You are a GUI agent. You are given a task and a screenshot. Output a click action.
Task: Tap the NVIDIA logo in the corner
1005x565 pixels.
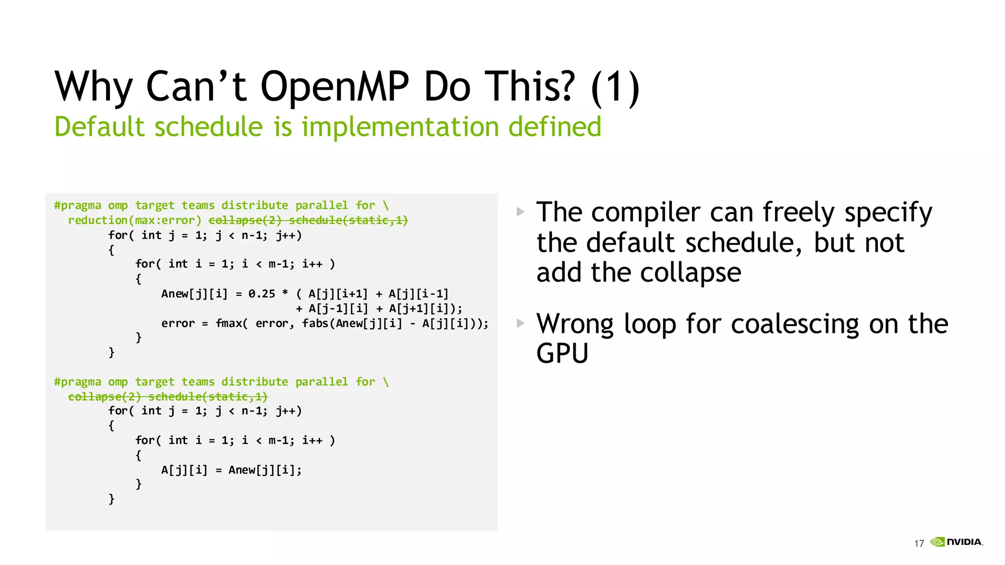point(956,542)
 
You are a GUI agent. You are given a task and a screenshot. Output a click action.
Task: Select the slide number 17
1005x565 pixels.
point(919,543)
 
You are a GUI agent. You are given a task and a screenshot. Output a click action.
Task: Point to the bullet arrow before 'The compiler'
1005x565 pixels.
point(521,212)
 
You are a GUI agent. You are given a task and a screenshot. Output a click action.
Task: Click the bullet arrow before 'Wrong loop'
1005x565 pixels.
point(521,323)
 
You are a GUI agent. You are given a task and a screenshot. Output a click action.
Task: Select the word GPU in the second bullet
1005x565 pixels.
point(562,354)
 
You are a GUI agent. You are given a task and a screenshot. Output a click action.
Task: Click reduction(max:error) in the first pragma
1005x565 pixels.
point(134,220)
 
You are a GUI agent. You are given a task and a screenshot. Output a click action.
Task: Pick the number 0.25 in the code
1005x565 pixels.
point(262,294)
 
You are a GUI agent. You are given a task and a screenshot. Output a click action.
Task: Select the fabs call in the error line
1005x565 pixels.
point(315,323)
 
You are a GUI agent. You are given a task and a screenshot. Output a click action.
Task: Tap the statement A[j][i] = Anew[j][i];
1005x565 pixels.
point(231,470)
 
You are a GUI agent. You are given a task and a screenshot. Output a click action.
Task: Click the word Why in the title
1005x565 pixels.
point(93,87)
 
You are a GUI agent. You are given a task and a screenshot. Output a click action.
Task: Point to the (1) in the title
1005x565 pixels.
point(615,87)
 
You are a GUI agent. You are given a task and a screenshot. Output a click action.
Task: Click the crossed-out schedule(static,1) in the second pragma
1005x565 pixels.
point(208,396)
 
